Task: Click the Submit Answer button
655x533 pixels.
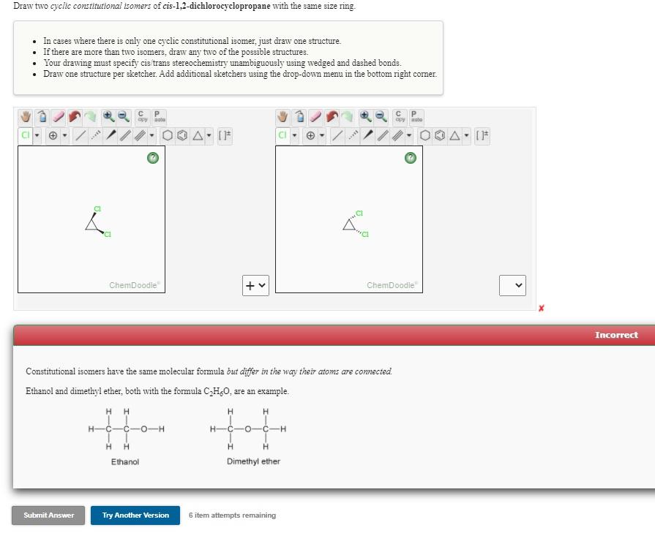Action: [48, 515]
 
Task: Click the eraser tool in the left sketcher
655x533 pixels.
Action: [58, 117]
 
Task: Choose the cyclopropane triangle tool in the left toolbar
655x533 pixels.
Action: [198, 136]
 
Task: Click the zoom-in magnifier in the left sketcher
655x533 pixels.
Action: [108, 117]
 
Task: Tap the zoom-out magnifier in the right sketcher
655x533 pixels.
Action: [381, 117]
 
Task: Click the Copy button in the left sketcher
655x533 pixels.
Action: [143, 117]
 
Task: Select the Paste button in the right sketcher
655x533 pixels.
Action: [415, 117]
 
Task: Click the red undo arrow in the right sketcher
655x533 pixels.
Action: [332, 117]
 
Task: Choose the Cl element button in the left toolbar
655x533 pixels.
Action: [26, 136]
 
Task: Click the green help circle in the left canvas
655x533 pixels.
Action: [153, 158]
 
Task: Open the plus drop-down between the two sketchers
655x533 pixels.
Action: [255, 285]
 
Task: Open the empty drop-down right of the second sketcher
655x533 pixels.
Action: [512, 285]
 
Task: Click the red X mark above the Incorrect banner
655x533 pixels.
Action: [541, 309]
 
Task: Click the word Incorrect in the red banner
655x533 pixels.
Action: [615, 335]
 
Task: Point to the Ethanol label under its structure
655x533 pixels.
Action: [124, 462]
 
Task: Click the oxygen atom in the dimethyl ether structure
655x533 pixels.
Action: [247, 429]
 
